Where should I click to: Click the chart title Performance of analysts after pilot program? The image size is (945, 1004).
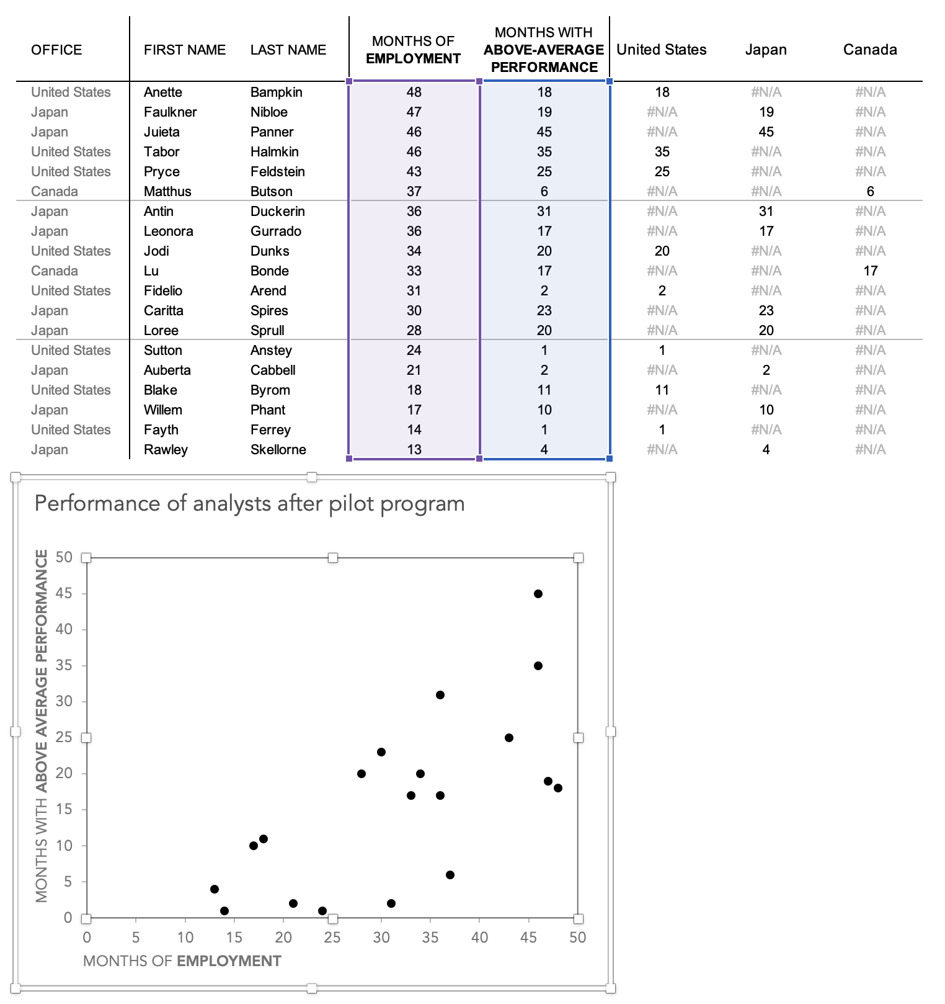coord(249,503)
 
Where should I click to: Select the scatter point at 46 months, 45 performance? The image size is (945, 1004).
coord(538,594)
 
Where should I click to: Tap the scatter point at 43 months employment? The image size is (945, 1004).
coord(508,738)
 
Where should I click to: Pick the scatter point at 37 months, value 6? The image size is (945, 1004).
coord(450,875)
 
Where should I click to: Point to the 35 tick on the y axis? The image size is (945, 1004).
coord(64,666)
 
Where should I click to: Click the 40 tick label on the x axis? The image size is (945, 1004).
coord(479,938)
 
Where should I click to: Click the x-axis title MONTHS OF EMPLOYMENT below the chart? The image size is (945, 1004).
coord(182,961)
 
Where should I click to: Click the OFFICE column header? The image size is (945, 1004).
coord(56,50)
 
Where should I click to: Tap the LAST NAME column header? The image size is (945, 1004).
coord(288,50)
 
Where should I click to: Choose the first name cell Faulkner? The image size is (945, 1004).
coord(170,112)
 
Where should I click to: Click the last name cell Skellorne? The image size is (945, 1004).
coord(278,449)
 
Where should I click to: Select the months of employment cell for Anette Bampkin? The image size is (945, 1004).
coord(414,92)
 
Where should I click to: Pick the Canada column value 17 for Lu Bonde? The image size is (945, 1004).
coord(870,271)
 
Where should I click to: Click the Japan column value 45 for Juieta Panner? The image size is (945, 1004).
coord(766,132)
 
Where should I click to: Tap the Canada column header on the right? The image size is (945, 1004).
coord(869,50)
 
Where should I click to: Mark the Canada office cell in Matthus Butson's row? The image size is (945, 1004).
coord(55,191)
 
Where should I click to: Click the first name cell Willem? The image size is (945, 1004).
coord(162,410)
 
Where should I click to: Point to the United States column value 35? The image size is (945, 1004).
coord(662,151)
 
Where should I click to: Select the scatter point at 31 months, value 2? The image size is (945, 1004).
coord(391,903)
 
